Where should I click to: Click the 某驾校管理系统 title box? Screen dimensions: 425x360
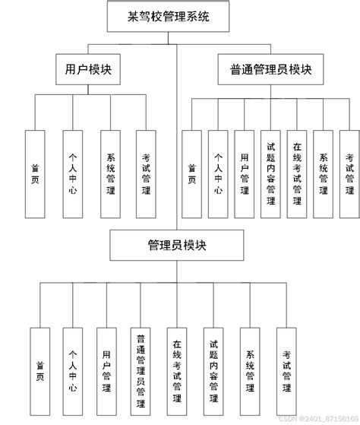pos(168,15)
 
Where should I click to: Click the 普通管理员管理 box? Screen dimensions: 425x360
pos(141,370)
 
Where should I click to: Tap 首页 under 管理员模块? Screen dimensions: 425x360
pos(39,370)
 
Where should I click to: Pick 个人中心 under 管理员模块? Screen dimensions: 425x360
pos(73,370)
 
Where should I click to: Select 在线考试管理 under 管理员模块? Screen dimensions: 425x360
pos(177,370)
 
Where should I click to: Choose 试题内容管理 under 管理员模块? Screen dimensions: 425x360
pos(213,370)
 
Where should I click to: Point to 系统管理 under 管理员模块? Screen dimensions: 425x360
pos(250,370)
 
